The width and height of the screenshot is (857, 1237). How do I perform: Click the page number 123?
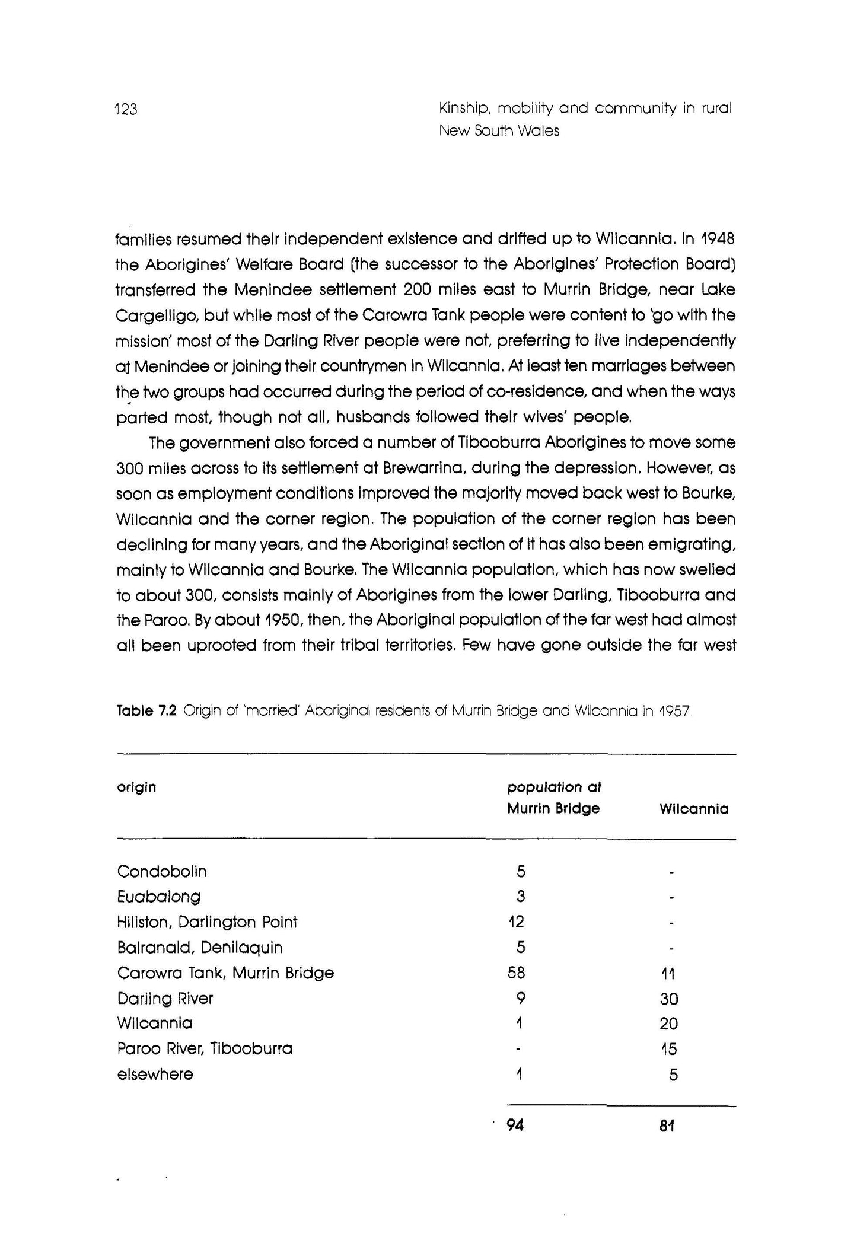[x=126, y=109]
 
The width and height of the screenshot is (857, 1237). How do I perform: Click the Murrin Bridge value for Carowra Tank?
[x=516, y=973]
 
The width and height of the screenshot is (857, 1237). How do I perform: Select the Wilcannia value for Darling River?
[x=669, y=999]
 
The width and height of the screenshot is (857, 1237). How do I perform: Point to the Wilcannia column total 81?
[x=667, y=1126]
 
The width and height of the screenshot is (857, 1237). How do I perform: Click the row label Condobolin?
[x=162, y=871]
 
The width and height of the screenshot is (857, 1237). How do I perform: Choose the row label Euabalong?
[x=159, y=897]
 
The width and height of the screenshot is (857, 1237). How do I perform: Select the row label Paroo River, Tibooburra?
[x=205, y=1048]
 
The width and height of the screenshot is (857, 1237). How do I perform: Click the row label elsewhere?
[x=155, y=1074]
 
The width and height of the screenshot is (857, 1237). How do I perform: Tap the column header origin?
[x=136, y=787]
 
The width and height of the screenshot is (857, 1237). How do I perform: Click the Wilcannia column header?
[x=694, y=809]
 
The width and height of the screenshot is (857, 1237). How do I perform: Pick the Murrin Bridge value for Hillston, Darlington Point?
[x=516, y=922]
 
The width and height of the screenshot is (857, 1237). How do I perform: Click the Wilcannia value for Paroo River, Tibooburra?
[x=669, y=1049]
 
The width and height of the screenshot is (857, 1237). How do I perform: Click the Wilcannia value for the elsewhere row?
[x=673, y=1075]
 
